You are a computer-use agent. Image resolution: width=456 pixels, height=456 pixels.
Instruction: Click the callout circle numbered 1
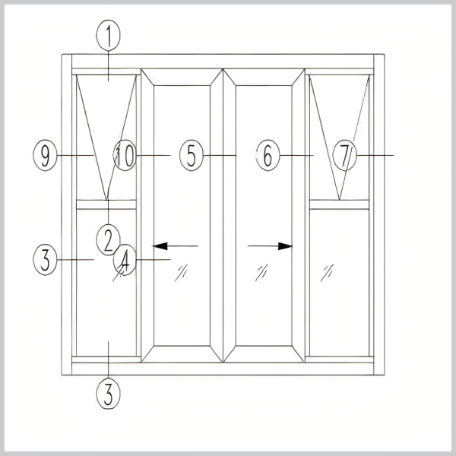click(108, 36)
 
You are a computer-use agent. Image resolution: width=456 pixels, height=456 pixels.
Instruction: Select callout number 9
click(45, 155)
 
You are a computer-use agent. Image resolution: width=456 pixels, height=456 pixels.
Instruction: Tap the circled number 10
click(125, 155)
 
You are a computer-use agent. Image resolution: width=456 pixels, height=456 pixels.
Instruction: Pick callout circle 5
click(192, 155)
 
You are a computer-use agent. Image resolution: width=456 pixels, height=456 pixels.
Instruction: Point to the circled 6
click(268, 155)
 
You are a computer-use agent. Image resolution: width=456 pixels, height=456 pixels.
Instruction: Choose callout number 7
click(344, 155)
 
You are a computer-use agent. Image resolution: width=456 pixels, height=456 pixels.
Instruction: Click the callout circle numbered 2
click(108, 239)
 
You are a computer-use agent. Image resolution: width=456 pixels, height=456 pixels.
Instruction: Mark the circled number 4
click(125, 260)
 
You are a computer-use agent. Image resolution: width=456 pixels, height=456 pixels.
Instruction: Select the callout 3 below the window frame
click(108, 394)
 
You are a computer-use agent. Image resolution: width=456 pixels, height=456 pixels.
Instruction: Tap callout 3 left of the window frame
click(45, 260)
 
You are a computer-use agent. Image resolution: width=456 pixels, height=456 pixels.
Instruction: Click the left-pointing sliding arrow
click(176, 246)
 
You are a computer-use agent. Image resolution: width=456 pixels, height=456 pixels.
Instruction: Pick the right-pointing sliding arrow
click(270, 246)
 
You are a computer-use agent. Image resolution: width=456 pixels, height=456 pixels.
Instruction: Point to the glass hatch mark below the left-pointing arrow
click(181, 273)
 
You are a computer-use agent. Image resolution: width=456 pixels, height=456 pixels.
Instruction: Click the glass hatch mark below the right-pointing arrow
click(261, 273)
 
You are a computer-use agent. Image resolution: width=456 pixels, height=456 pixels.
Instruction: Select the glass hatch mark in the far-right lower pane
click(327, 273)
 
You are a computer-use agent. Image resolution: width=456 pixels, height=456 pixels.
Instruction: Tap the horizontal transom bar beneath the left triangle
click(106, 204)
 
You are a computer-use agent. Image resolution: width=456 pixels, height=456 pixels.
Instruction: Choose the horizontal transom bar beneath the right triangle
click(340, 204)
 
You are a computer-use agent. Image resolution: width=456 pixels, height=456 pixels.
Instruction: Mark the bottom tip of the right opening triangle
click(339, 200)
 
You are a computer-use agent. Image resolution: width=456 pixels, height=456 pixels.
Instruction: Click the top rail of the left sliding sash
click(182, 78)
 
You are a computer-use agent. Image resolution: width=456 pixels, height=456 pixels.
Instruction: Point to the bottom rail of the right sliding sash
click(264, 354)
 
